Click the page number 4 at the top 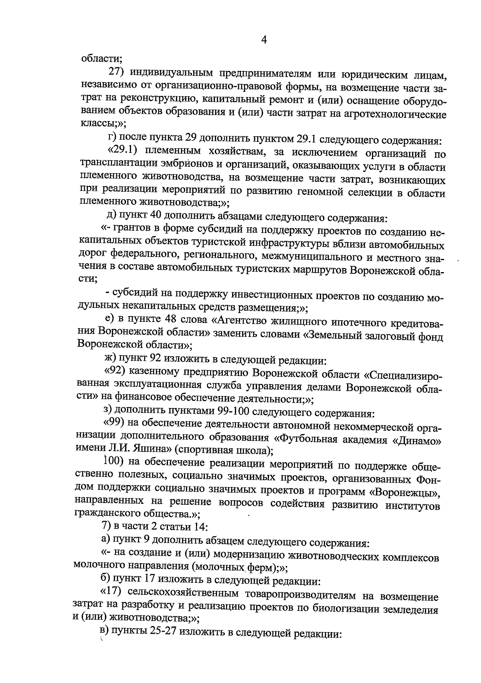[263, 40]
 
